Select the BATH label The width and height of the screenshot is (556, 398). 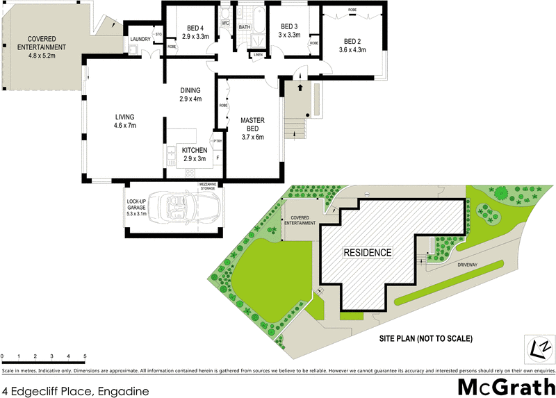pos(245,27)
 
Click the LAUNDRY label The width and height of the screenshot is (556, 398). pos(140,39)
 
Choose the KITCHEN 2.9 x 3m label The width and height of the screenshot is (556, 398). pos(195,154)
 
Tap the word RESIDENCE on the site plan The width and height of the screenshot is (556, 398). pos(368,252)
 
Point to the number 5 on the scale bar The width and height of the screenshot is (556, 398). pos(85,356)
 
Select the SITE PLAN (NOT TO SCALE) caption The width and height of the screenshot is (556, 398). pos(425,339)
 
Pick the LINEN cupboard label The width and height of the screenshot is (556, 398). pos(259,53)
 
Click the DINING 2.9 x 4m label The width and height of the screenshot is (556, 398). pos(190,94)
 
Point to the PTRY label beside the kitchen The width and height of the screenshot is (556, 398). pos(218,142)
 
